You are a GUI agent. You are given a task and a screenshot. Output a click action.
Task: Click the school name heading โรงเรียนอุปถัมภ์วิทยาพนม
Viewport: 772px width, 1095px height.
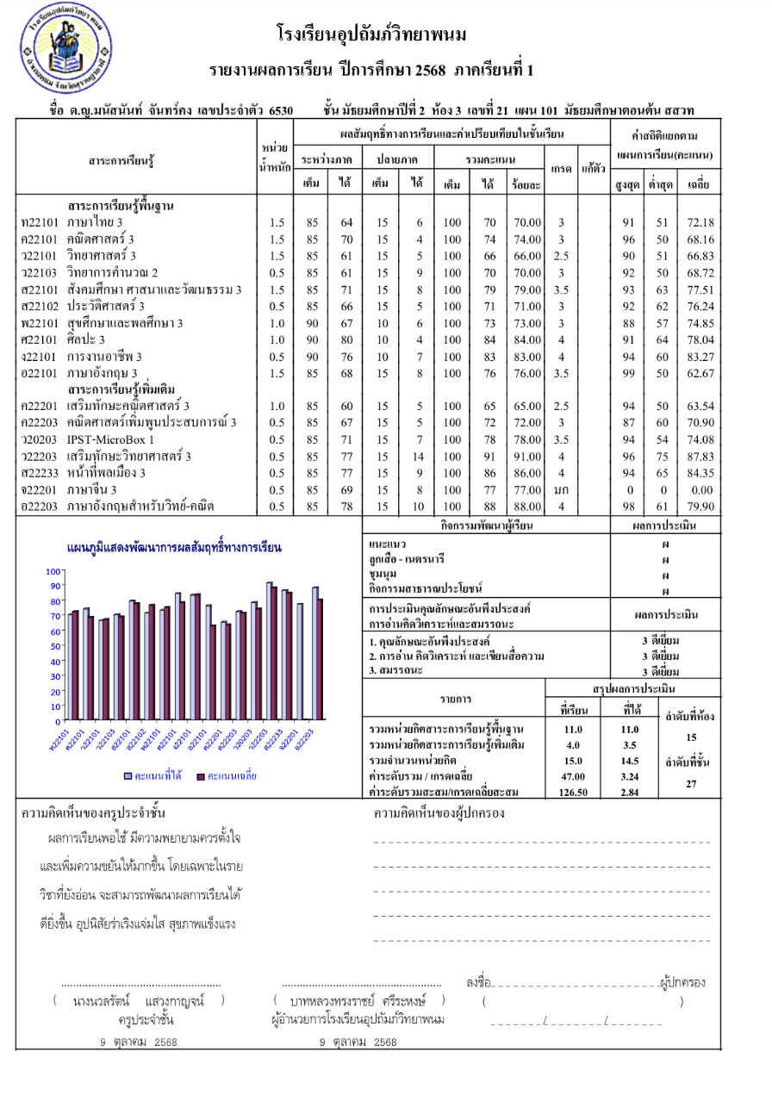[371, 35]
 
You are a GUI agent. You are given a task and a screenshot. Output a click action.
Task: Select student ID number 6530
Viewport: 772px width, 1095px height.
[281, 110]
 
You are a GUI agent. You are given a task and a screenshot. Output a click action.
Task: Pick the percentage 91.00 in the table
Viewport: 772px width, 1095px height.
[526, 457]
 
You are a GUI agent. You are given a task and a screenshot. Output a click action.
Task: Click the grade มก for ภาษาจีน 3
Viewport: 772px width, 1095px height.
[561, 489]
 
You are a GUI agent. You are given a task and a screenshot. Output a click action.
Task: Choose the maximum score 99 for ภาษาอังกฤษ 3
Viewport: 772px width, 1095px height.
[628, 373]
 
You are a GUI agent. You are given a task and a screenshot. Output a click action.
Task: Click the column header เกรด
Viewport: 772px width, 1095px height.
[561, 169]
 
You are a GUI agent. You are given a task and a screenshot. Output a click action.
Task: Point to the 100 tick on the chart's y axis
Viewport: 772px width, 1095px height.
[53, 572]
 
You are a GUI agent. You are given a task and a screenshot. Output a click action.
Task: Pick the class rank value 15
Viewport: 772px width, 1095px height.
[691, 737]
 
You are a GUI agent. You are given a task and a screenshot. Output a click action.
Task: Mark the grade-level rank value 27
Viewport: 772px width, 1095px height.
[691, 784]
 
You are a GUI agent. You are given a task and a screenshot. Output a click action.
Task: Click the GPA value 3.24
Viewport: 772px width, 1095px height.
[631, 776]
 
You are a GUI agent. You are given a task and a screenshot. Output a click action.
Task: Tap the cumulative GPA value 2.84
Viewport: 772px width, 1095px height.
[631, 793]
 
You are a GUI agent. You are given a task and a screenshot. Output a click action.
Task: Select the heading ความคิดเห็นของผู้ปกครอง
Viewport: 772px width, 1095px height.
[439, 813]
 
